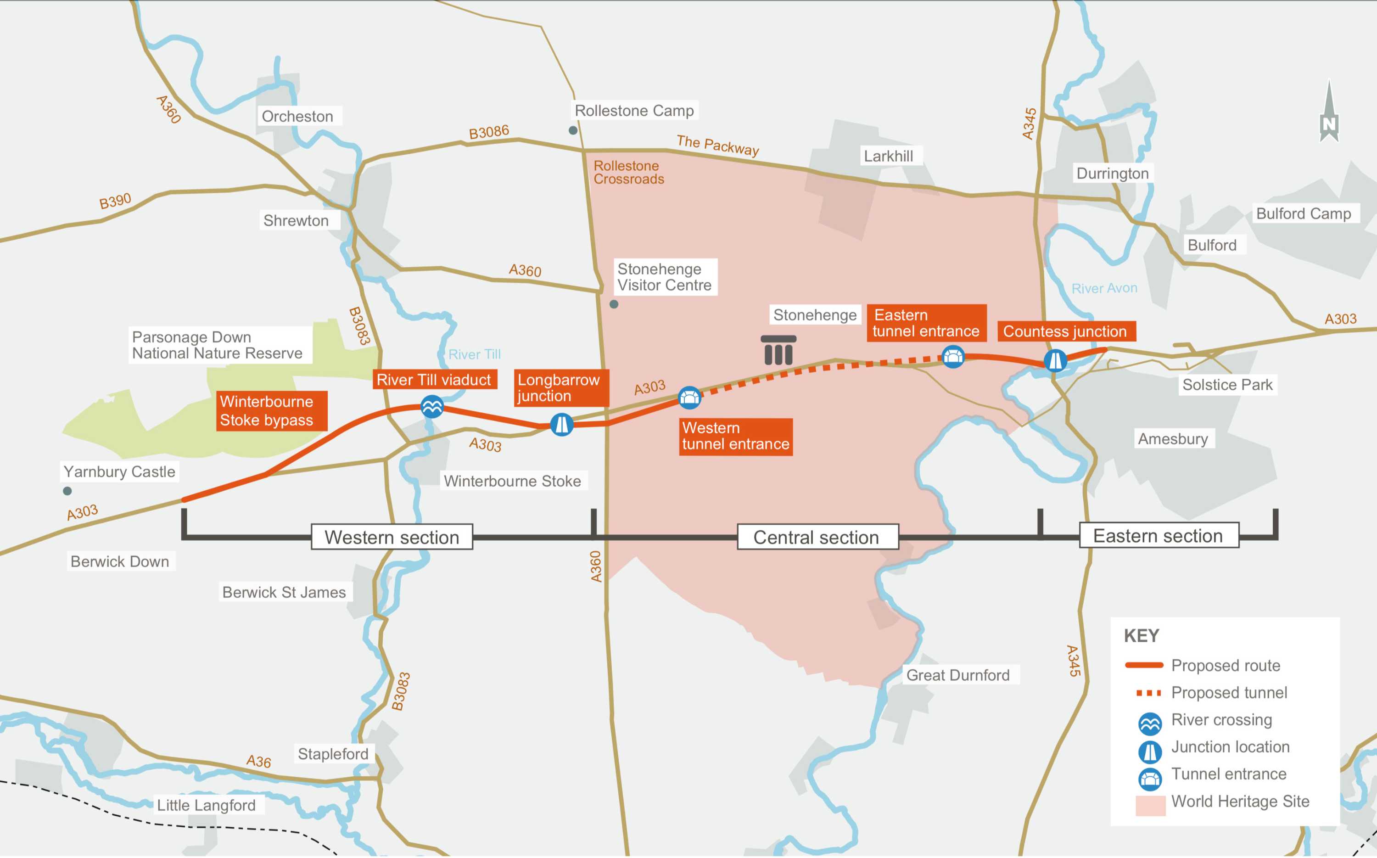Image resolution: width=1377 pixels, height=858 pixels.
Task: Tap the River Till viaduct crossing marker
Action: click(432, 406)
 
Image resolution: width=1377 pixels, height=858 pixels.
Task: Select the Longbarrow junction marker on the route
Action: click(562, 425)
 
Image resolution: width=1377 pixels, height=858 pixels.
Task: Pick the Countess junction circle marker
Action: click(1055, 360)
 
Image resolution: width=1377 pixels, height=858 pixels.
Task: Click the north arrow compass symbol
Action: click(1329, 113)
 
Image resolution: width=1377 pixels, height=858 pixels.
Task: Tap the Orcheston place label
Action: click(297, 116)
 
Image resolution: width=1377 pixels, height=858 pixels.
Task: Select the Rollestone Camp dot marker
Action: click(573, 130)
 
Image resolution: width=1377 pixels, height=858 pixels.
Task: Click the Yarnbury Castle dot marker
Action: click(67, 491)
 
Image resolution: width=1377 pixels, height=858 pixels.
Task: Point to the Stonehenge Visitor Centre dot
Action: click(614, 304)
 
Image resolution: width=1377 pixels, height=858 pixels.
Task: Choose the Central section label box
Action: click(817, 537)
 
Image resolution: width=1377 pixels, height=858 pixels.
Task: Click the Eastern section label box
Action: click(1158, 535)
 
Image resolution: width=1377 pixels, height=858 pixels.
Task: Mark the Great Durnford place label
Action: click(958, 675)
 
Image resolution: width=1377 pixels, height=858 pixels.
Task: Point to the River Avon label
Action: click(1103, 288)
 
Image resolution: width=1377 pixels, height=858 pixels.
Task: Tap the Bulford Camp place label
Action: click(1303, 213)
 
